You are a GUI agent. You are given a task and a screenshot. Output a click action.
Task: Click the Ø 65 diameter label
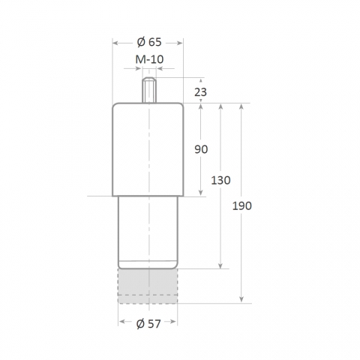(x=149, y=42)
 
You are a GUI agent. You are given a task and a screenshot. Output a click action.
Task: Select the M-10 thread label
(x=149, y=59)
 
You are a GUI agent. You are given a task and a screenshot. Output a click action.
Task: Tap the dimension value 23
(x=200, y=92)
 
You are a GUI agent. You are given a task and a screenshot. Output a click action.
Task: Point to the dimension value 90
(x=201, y=149)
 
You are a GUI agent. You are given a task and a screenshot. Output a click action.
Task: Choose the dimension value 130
(x=220, y=180)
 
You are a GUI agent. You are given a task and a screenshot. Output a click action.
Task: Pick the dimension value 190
(x=242, y=206)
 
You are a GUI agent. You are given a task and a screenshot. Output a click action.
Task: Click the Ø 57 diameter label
(x=148, y=324)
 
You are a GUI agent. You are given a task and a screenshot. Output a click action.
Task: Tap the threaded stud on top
(x=149, y=90)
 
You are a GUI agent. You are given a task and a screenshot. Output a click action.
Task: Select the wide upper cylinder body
(x=148, y=149)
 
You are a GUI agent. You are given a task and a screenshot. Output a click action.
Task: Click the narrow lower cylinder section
(x=148, y=232)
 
